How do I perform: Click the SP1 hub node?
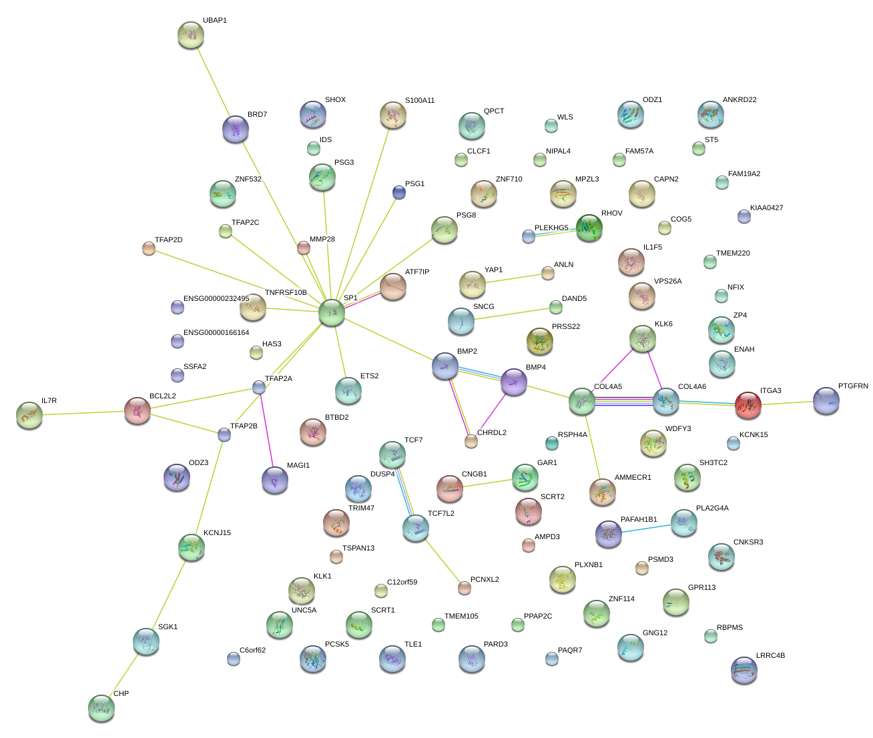(332, 312)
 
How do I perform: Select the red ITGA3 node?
(748, 405)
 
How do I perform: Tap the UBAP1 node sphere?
(192, 35)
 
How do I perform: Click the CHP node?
(101, 708)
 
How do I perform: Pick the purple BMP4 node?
(514, 382)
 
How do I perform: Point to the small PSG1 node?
(398, 193)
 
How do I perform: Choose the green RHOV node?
(589, 228)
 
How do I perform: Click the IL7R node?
(29, 415)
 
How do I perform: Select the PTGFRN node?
(826, 400)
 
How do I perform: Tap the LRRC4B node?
(744, 670)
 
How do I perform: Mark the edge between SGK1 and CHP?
(123, 675)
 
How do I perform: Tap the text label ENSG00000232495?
(216, 299)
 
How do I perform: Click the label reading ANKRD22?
(740, 100)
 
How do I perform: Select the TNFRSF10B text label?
(286, 293)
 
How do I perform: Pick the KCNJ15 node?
(192, 547)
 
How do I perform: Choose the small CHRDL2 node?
(471, 441)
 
